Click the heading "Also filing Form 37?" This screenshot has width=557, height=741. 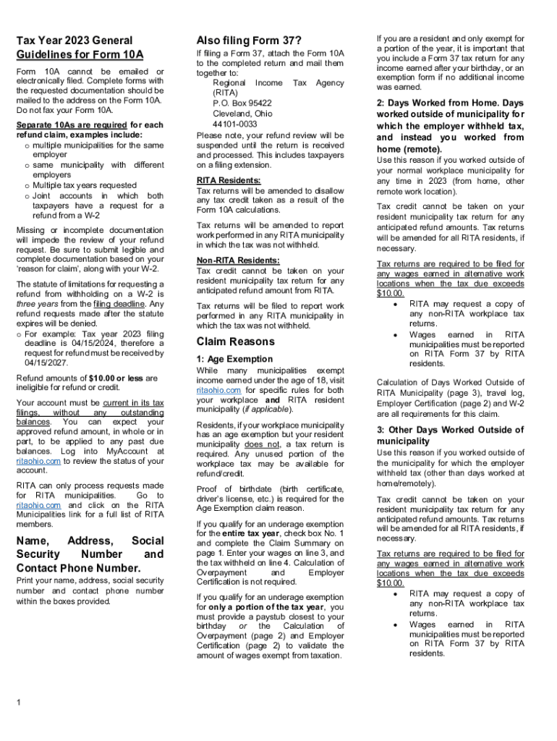249,40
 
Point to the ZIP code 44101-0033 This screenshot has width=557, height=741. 235,124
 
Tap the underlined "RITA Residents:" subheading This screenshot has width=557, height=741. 229,180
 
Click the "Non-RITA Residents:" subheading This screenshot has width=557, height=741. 237,261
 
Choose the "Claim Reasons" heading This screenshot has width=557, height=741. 234,341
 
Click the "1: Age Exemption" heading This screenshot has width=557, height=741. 234,359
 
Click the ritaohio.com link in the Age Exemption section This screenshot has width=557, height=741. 213,390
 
